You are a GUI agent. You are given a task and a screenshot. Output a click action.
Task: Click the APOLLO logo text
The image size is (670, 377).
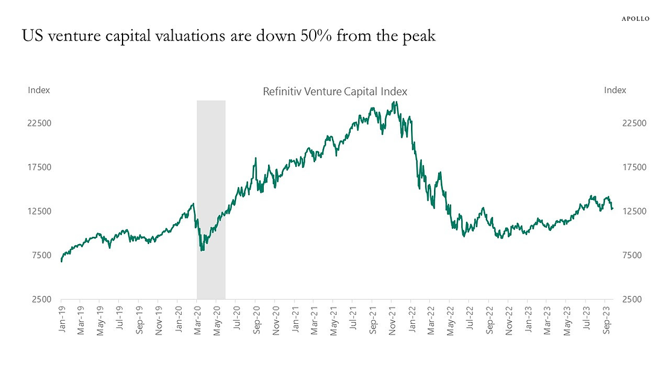coord(636,19)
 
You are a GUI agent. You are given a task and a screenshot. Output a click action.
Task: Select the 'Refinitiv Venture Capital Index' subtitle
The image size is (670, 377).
coord(335,92)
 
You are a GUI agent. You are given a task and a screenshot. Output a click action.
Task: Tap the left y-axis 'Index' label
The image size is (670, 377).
coord(39,90)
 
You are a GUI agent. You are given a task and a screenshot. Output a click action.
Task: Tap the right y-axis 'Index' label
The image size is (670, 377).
coord(615,90)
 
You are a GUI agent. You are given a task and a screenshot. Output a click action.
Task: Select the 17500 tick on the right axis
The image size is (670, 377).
coord(634,167)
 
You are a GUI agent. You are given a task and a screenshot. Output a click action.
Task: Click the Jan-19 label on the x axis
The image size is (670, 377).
coord(62,320)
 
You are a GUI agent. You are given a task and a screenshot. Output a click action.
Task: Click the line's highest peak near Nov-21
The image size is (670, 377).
coord(395,101)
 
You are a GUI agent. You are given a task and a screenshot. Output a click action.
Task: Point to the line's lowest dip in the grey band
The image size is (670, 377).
coord(202,250)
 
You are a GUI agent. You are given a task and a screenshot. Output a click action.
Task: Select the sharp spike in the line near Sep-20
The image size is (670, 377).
coord(256,158)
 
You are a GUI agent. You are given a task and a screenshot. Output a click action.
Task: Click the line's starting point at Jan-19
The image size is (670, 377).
coord(62,261)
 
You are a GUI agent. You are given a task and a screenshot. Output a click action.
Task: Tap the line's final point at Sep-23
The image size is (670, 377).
coord(612,209)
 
